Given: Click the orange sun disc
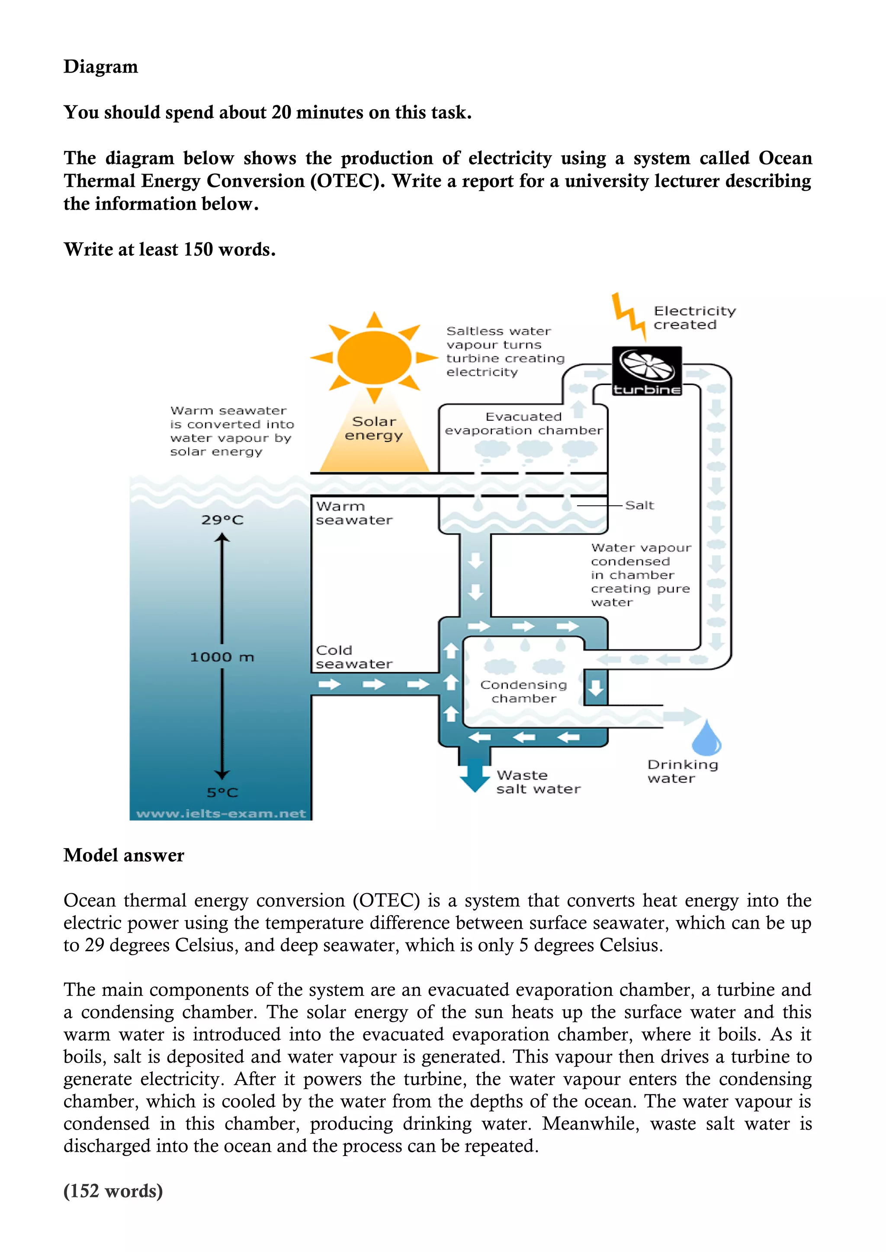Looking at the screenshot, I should [x=374, y=358].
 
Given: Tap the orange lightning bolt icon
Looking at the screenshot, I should [x=629, y=315].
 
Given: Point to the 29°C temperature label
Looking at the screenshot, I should [x=222, y=520].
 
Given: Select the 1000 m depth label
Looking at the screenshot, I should [x=222, y=657].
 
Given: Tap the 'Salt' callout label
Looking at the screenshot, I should [x=639, y=505].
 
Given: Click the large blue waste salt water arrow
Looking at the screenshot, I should [x=475, y=775].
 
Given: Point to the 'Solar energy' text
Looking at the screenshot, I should [x=374, y=428].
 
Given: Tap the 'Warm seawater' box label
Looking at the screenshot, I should [x=353, y=513].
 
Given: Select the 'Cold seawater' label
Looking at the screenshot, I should [x=353, y=657].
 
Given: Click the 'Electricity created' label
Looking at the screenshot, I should [x=694, y=318].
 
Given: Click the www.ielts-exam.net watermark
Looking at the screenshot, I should [x=221, y=814].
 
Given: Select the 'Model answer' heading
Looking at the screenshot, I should [x=124, y=855].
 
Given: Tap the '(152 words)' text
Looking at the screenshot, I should [x=113, y=1190].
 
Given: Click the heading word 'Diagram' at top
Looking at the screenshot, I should [x=101, y=67].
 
